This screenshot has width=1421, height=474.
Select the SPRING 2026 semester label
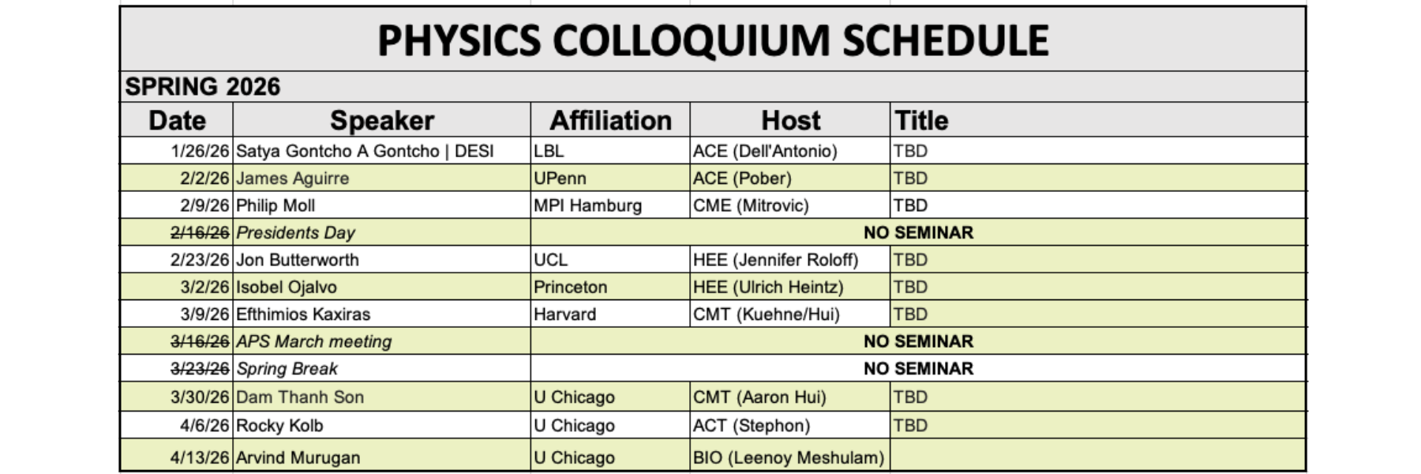tap(203, 86)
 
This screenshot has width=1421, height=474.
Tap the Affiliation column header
tap(610, 120)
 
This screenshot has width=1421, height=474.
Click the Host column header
tap(790, 120)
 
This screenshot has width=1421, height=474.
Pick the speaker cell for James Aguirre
tap(293, 179)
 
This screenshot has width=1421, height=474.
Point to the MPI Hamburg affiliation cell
tap(587, 205)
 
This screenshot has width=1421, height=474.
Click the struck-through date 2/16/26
tap(200, 232)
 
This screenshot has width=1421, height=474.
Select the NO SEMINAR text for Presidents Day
tap(918, 232)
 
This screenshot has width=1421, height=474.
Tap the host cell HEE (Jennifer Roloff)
tap(775, 260)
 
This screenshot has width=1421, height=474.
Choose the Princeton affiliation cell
tap(570, 287)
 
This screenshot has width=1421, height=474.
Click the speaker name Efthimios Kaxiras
tap(303, 314)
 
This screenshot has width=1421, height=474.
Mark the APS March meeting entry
tap(314, 341)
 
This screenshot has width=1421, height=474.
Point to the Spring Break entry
tap(287, 369)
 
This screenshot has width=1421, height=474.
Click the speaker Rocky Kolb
tap(279, 425)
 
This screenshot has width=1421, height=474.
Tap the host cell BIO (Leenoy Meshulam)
tap(789, 457)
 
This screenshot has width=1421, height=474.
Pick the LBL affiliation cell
tap(549, 151)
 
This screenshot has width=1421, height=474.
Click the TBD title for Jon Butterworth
tap(910, 260)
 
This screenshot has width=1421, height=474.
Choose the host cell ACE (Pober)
tap(742, 179)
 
